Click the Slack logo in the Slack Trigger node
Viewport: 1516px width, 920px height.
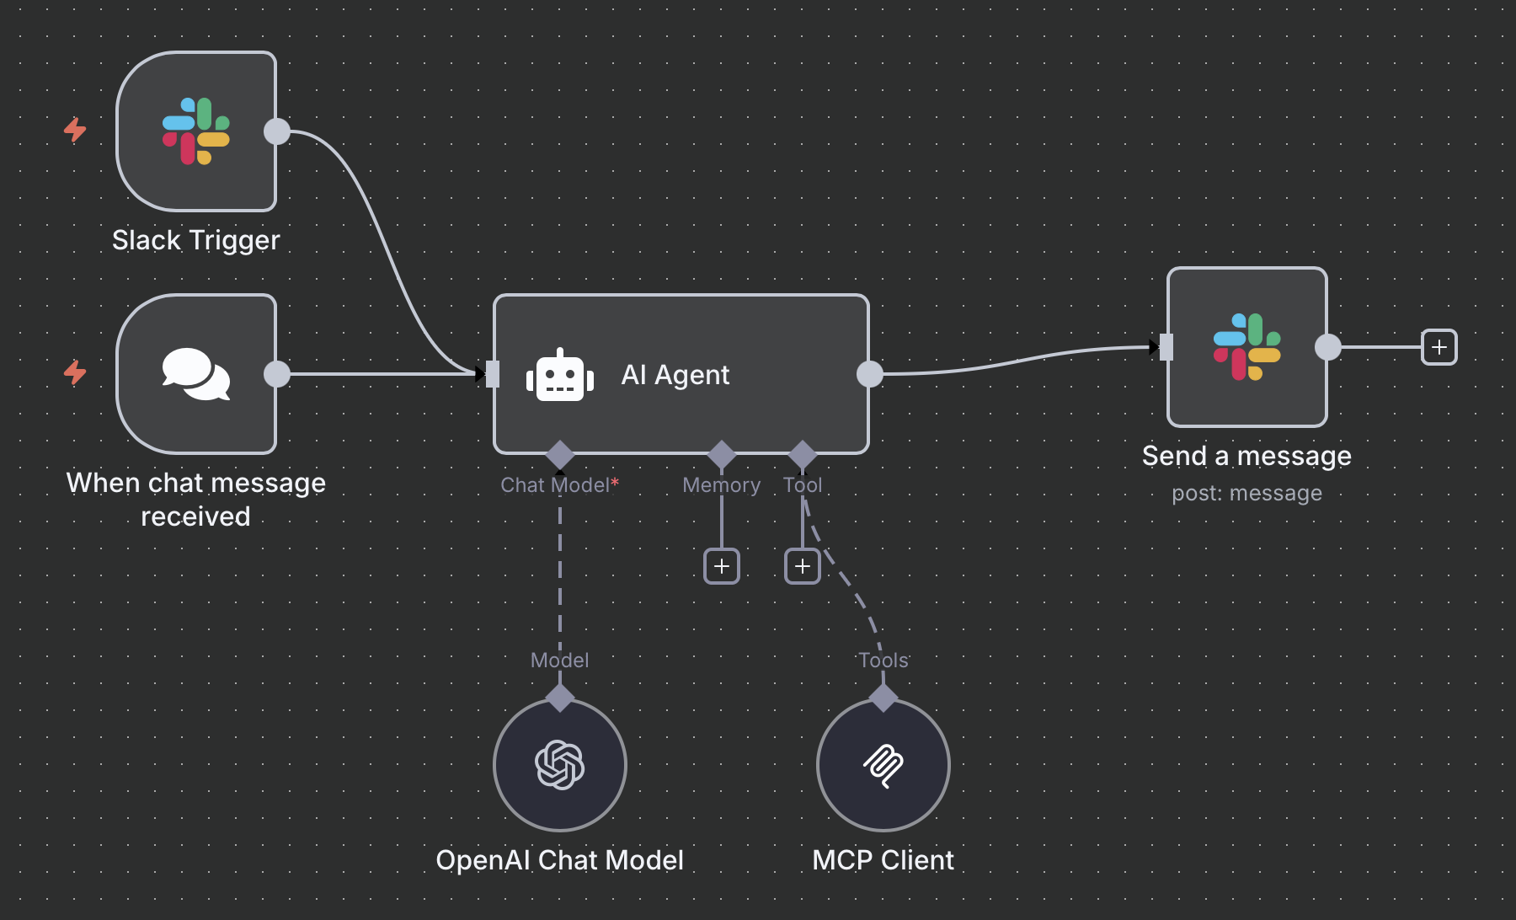(x=196, y=131)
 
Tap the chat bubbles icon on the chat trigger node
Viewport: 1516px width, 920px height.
(x=196, y=374)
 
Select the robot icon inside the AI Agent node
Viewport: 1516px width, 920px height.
(x=560, y=376)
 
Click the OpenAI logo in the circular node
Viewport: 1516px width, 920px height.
(x=560, y=765)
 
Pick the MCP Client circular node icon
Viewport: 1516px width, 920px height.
(x=883, y=765)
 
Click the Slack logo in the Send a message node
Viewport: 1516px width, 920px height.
(x=1247, y=347)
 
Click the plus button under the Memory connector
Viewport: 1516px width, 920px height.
(x=722, y=566)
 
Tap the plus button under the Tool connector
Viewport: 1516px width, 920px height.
(x=803, y=566)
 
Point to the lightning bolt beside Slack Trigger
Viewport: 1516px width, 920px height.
(x=76, y=130)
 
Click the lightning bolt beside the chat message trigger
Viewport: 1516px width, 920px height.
(x=76, y=372)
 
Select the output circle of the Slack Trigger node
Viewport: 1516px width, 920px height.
(x=277, y=131)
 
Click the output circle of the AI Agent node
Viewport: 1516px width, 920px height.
(x=870, y=374)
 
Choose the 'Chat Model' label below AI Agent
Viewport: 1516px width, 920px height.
(x=555, y=485)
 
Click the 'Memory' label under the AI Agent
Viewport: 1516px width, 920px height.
(x=721, y=485)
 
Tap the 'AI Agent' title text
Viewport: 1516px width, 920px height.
(x=675, y=375)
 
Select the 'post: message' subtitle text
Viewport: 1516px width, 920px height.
(x=1246, y=493)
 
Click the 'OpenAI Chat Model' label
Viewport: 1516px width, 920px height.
(x=560, y=860)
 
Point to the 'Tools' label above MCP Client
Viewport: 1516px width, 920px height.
(x=883, y=661)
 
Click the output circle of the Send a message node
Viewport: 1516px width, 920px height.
(x=1328, y=347)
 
